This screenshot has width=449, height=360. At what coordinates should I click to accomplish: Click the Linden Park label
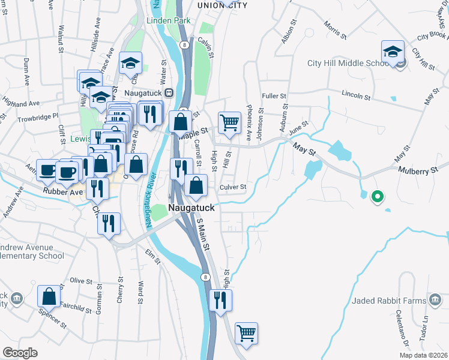coord(169,20)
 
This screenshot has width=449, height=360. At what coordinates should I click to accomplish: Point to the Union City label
coord(223,5)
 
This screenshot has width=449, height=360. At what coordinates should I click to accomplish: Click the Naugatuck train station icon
coord(169,93)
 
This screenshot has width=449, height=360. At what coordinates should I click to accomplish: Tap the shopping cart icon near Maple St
coord(229,123)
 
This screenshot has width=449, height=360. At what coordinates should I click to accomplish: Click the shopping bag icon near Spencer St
coord(49,296)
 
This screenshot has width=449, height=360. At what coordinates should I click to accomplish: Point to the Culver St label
coord(234,187)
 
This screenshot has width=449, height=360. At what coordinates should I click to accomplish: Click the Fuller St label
coord(274,95)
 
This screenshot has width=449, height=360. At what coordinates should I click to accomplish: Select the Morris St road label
coord(335,31)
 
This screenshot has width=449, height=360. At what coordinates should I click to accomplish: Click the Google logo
coord(20,353)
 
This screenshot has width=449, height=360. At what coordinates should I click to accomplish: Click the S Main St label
coord(203,235)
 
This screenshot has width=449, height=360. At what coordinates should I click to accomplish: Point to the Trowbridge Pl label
coord(37,115)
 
